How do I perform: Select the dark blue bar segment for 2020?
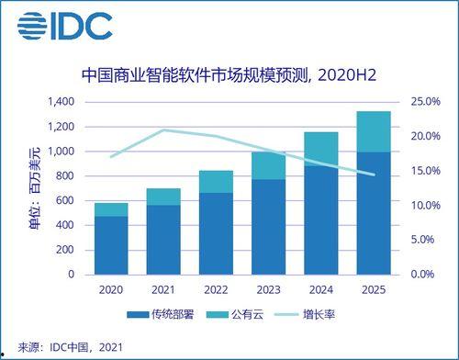(111, 245)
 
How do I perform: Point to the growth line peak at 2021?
(164, 129)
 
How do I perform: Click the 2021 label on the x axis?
(164, 289)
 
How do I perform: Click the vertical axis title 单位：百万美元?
(35, 188)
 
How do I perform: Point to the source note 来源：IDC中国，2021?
(64, 346)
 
